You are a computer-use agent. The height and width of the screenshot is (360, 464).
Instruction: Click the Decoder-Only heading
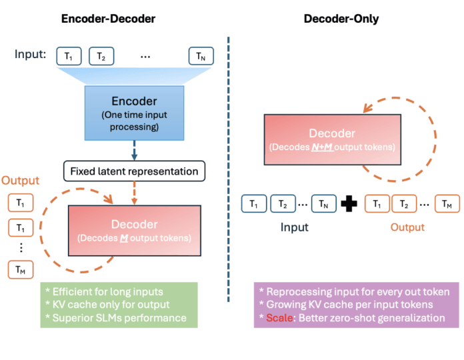(x=341, y=19)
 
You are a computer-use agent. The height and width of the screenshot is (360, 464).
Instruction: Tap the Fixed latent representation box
(x=135, y=171)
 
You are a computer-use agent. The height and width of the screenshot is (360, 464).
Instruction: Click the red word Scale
(x=279, y=317)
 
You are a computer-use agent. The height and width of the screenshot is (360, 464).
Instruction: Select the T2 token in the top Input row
(x=101, y=56)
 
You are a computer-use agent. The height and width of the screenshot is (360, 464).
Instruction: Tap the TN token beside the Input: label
(x=201, y=56)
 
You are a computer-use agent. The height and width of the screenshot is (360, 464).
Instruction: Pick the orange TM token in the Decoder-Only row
(x=447, y=203)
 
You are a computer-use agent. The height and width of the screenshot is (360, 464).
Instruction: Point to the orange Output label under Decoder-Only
(x=407, y=227)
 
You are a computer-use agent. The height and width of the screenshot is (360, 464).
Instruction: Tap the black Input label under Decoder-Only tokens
(x=294, y=227)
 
